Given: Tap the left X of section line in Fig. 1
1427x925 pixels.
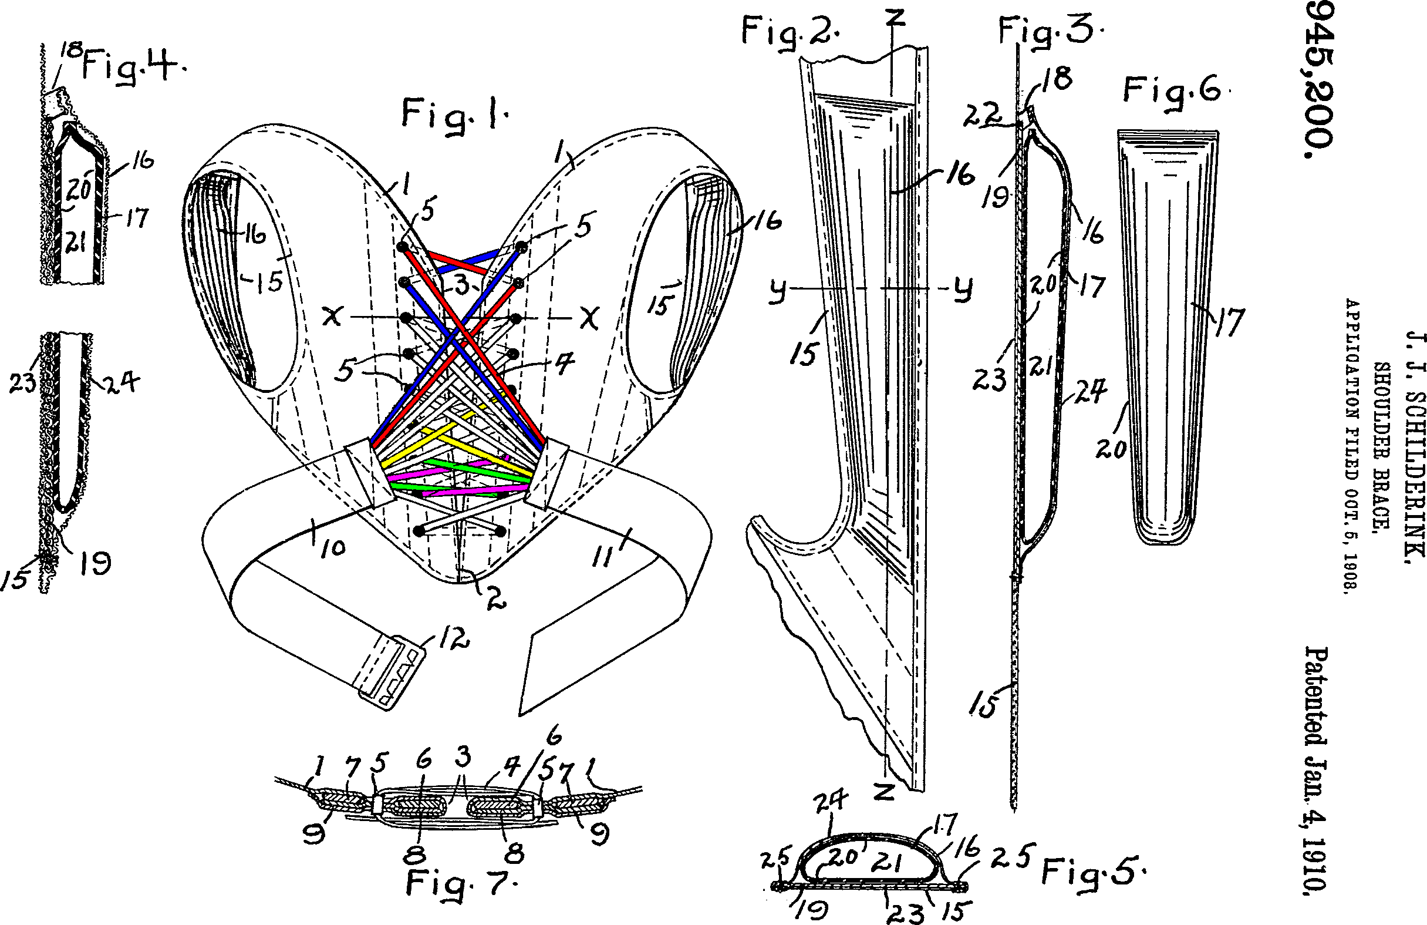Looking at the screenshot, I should (332, 316).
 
